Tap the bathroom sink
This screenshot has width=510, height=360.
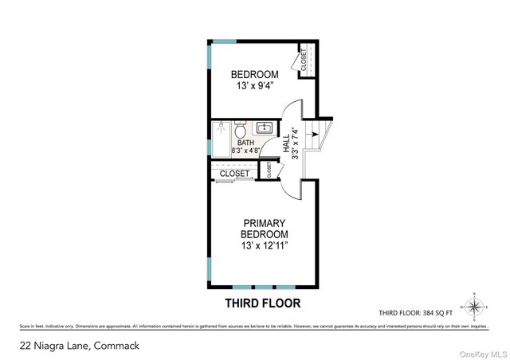[265, 127]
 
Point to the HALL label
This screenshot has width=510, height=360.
[286, 143]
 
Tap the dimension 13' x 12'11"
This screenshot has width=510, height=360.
[264, 246]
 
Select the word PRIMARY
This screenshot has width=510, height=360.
[264, 223]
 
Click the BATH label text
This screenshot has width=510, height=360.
[245, 143]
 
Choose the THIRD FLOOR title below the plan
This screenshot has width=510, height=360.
[264, 303]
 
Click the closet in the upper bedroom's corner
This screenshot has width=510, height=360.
[304, 61]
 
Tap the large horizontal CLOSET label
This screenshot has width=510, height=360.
[234, 173]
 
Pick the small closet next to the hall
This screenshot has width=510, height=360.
[269, 170]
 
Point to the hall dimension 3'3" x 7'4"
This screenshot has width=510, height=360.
[295, 144]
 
